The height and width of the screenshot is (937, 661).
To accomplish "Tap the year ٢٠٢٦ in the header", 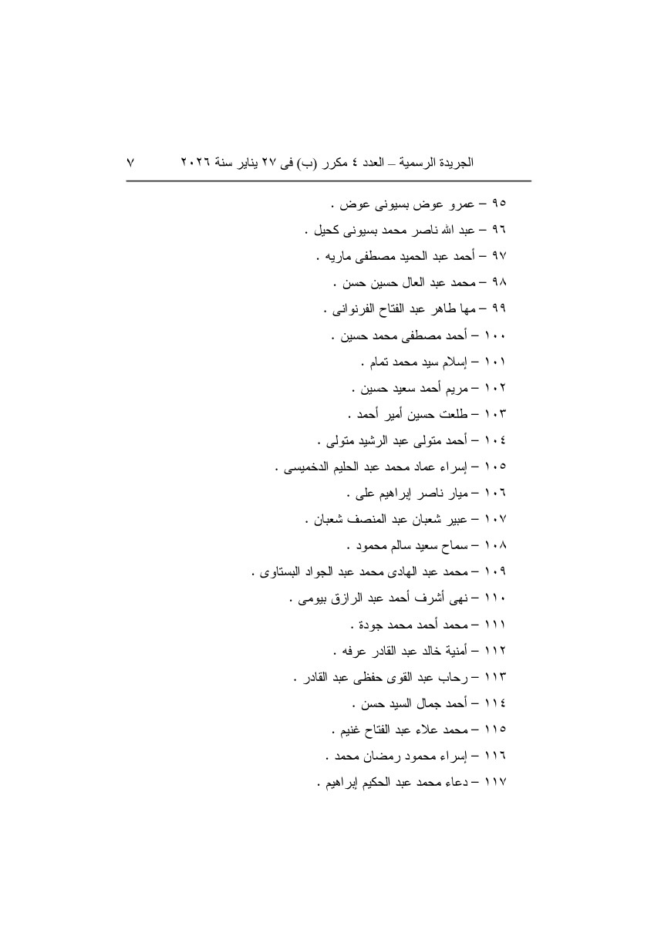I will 197,163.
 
